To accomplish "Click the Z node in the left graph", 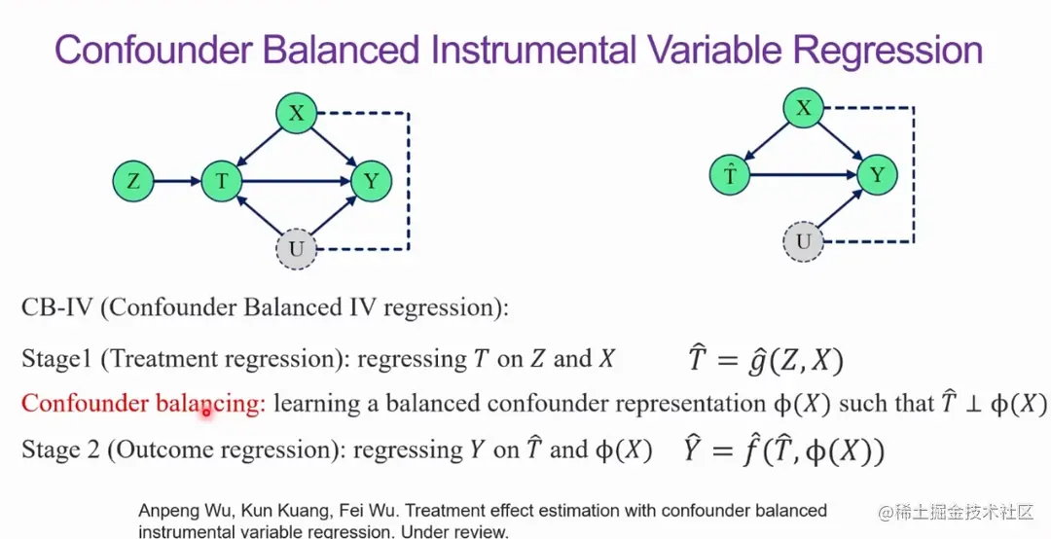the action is click(133, 181).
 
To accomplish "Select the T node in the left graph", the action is click(222, 181).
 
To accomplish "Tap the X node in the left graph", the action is click(296, 113).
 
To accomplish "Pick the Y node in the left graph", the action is click(371, 181).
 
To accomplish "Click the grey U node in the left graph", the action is click(296, 249).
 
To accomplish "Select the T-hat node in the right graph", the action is click(729, 176).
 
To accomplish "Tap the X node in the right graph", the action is click(804, 108).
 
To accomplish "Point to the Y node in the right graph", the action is click(878, 176).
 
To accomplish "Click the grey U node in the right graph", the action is click(804, 240).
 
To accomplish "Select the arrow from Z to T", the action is click(178, 181).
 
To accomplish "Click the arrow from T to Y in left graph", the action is click(296, 181).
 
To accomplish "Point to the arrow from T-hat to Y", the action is click(804, 176).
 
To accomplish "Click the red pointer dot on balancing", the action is click(206, 413).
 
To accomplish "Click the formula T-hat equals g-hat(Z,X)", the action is click(766, 359).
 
